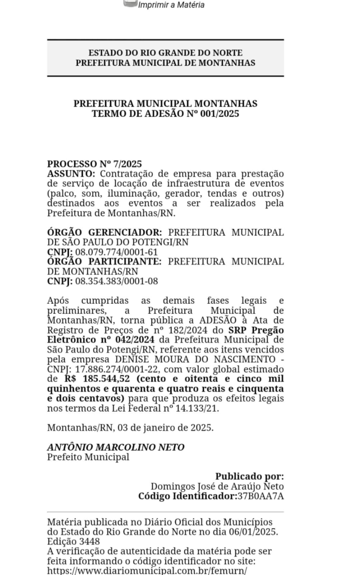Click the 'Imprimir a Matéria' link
click(171, 5)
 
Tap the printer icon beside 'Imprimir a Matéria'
click(130, 3)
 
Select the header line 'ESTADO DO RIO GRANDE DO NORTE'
click(165, 53)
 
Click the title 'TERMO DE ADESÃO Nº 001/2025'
click(165, 113)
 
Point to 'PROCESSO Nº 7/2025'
click(94, 164)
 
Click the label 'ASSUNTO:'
click(71, 174)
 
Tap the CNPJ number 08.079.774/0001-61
click(117, 252)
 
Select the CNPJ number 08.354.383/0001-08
click(117, 281)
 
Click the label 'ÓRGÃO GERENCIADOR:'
click(104, 232)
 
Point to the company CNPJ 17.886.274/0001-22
click(112, 369)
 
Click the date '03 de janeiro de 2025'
click(165, 427)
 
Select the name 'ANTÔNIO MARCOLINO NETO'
click(116, 447)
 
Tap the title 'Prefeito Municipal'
click(88, 457)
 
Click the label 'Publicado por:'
click(249, 476)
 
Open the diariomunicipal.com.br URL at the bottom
click(147, 571)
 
